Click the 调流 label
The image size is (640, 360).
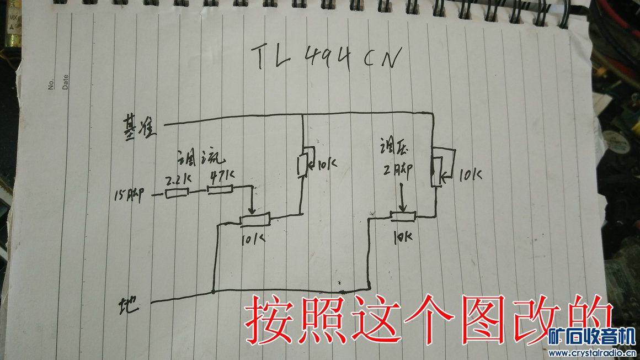[x=200, y=157]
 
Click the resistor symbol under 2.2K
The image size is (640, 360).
[x=177, y=193]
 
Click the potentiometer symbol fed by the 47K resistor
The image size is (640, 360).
[x=255, y=220]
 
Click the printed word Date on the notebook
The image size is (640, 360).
[x=65, y=83]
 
